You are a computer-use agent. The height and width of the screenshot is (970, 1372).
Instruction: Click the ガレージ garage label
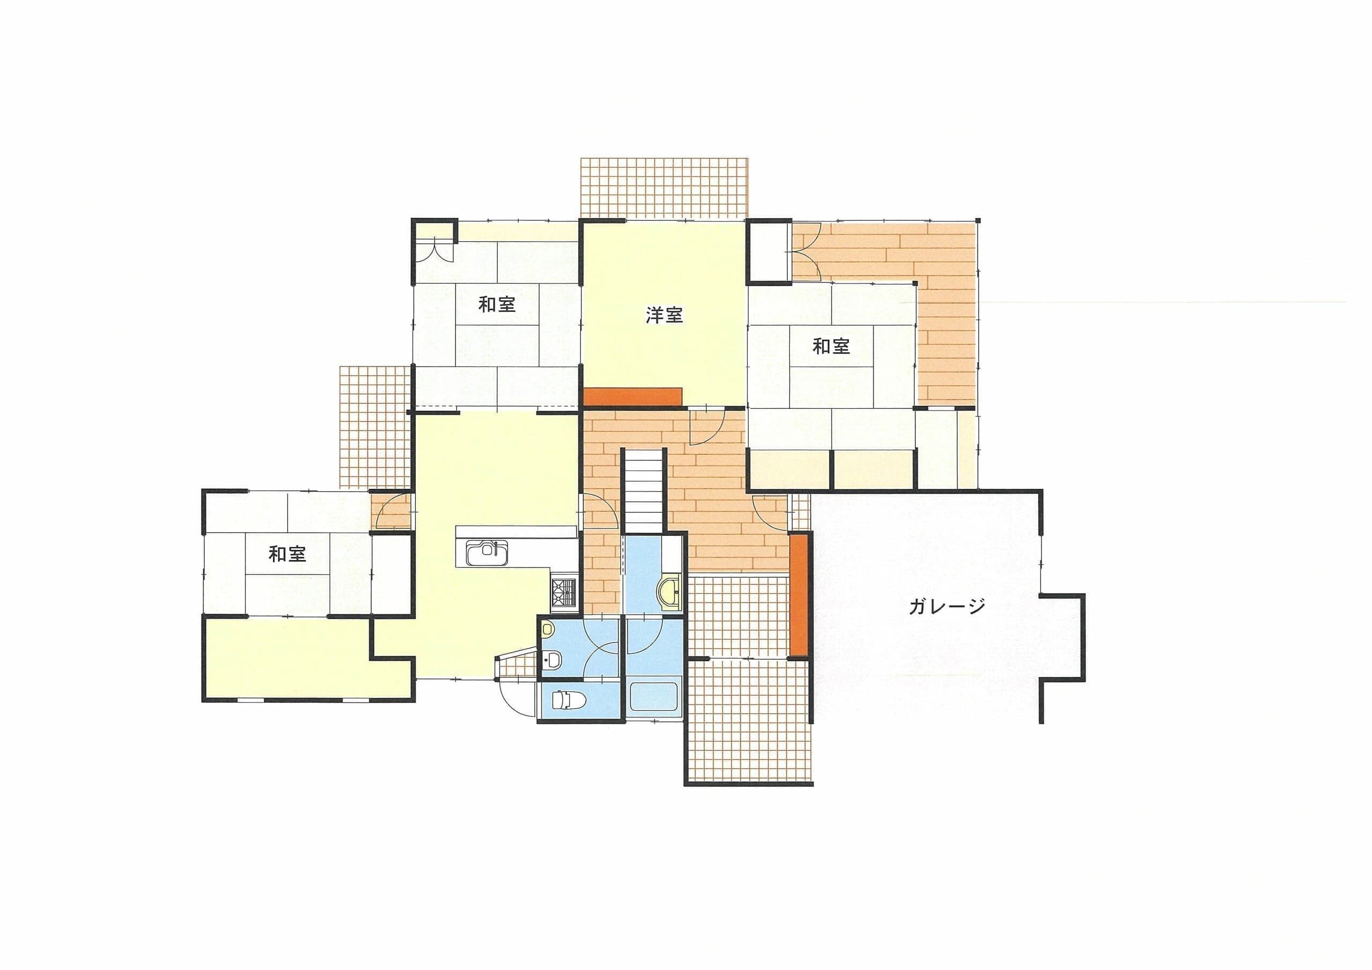pos(946,607)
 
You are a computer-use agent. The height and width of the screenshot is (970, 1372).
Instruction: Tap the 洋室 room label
pos(665,315)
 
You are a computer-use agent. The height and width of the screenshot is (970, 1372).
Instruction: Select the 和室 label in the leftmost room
pos(287,554)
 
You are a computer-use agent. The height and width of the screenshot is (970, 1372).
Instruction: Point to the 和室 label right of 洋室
pos(831,346)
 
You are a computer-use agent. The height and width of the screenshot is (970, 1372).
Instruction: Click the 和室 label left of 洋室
pos(497,305)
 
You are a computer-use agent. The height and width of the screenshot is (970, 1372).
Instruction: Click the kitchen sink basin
pos(487,553)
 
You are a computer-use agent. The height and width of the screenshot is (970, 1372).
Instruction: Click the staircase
pos(644,489)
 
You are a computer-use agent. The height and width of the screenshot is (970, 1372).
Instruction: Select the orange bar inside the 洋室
pos(633,396)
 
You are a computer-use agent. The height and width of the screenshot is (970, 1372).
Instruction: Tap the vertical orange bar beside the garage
pos(799,595)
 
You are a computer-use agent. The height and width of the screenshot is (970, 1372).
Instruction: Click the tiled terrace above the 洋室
pos(664,188)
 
